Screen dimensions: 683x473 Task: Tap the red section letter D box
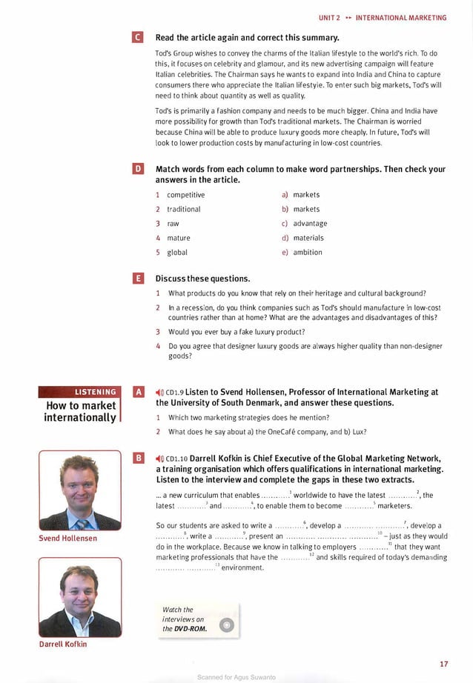(136, 170)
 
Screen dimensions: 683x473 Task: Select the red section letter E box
(136, 279)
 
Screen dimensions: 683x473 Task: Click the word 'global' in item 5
(177, 253)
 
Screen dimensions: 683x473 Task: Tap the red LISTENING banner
(79, 392)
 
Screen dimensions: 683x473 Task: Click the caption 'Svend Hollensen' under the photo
(67, 538)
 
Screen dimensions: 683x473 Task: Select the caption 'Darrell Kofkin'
(63, 644)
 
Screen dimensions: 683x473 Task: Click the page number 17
(443, 663)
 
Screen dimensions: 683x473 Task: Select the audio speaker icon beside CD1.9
(159, 393)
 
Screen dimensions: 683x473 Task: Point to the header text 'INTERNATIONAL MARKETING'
(401, 17)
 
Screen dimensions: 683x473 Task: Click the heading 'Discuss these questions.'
(202, 279)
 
